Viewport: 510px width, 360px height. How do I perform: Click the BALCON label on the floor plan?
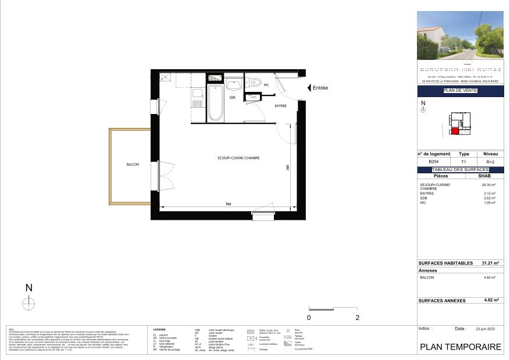(x=133, y=165)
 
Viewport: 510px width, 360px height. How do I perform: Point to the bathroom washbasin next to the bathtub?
(x=236, y=82)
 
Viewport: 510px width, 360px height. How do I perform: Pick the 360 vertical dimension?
(x=287, y=167)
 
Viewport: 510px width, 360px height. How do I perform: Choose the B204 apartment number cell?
(x=433, y=162)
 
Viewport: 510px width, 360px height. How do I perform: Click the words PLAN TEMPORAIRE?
(x=460, y=347)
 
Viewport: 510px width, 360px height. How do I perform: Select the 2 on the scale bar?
(x=357, y=318)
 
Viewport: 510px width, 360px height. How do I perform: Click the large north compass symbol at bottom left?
(x=28, y=302)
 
